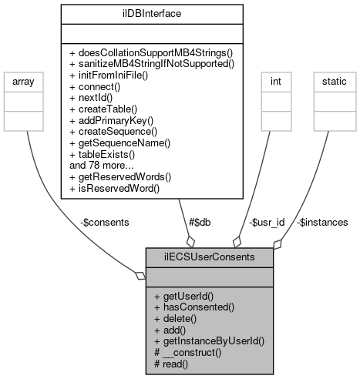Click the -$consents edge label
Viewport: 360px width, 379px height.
pos(104,222)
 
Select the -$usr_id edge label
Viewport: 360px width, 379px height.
pos(267,222)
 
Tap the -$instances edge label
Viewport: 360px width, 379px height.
pos(322,222)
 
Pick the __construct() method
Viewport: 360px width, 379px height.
pos(188,351)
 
